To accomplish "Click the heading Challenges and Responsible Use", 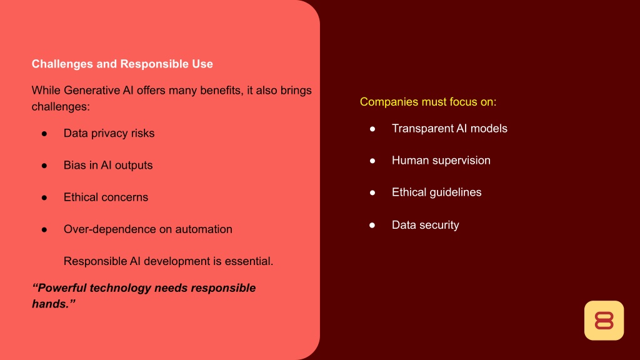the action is (x=122, y=64).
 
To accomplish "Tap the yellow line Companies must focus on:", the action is (x=428, y=102).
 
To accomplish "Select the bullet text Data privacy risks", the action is (x=109, y=134).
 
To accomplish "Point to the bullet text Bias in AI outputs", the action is (x=108, y=165).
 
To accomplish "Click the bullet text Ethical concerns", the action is (x=106, y=197).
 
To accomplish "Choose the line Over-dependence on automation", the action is (x=147, y=229).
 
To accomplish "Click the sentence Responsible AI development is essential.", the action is (x=168, y=261).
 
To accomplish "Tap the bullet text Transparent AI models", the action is (x=449, y=129).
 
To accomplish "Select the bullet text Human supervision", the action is (x=441, y=161).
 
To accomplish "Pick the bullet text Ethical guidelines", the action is (x=437, y=192).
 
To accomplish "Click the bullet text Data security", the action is (x=425, y=225).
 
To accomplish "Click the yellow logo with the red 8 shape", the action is (x=604, y=321).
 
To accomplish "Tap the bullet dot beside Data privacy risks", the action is (x=44, y=134).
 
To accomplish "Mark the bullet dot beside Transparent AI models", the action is (x=372, y=129).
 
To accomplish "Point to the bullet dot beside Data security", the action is (x=372, y=225).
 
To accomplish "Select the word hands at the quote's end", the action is (x=50, y=304).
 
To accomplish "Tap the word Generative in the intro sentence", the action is (x=92, y=90).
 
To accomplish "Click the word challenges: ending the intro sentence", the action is (x=61, y=106).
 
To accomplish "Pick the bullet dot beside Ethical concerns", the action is (x=44, y=197).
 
